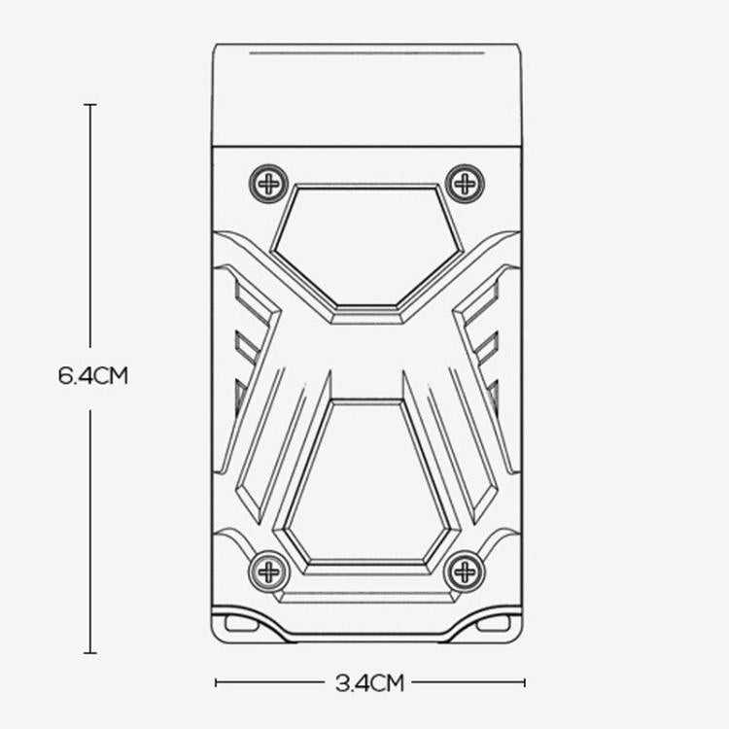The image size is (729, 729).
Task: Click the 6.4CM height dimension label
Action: [x=93, y=375]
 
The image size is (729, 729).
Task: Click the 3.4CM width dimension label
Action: [x=369, y=683]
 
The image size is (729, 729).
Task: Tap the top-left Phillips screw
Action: [x=268, y=184]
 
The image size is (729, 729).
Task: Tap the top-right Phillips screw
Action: [x=465, y=184]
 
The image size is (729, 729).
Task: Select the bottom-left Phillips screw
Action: [x=268, y=571]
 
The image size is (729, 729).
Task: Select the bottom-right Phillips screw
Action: [x=465, y=571]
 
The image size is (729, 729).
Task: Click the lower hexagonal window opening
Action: [x=367, y=483]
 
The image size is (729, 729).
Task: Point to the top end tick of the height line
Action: [x=90, y=105]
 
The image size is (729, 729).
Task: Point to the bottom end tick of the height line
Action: [x=90, y=653]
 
